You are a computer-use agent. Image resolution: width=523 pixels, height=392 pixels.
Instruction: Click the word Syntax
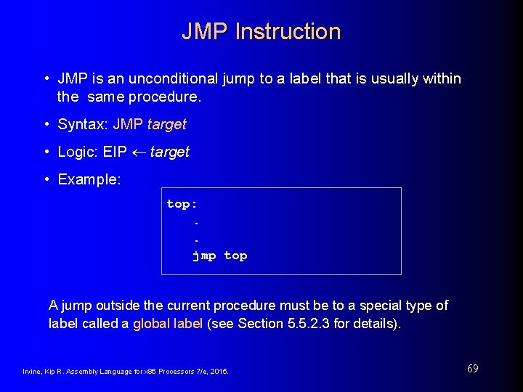(x=82, y=125)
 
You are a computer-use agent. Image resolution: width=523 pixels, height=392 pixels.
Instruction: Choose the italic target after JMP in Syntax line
(x=166, y=125)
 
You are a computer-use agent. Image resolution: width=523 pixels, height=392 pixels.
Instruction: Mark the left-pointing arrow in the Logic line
(x=138, y=152)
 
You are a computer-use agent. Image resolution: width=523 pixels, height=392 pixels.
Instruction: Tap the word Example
(x=89, y=179)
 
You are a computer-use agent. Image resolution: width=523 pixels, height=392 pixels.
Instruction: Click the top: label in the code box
(x=182, y=204)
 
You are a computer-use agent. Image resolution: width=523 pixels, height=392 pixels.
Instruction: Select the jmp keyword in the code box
(x=204, y=256)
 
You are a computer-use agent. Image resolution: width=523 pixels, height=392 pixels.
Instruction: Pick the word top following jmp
(x=235, y=256)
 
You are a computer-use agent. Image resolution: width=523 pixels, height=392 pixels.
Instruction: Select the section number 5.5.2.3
(x=310, y=324)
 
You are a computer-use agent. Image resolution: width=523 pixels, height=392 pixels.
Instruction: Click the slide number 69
(x=472, y=369)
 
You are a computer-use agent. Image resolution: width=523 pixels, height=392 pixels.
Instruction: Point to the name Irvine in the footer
(x=33, y=372)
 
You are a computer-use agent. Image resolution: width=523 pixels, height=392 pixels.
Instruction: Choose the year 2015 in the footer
(x=219, y=372)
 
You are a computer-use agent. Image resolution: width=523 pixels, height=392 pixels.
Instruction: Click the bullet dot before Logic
(x=46, y=152)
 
